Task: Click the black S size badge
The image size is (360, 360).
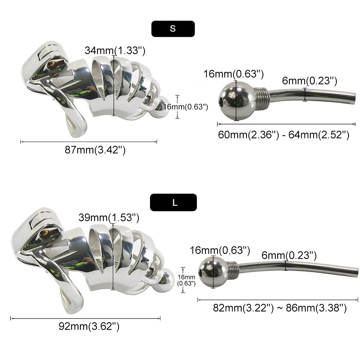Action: tap(173, 29)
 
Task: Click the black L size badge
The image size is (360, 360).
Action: tap(174, 202)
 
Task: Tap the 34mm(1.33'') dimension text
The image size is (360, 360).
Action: tap(115, 50)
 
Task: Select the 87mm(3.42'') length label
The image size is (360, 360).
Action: tap(95, 150)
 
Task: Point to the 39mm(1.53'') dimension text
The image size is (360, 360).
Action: tap(109, 217)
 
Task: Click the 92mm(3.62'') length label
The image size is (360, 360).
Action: tap(89, 326)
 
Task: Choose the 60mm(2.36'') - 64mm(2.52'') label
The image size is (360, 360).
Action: tap(284, 135)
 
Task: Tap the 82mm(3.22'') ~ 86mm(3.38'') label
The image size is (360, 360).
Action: tap(280, 308)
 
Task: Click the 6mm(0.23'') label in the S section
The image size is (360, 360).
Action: tap(310, 81)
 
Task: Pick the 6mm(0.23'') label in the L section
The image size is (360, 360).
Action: tap(289, 255)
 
